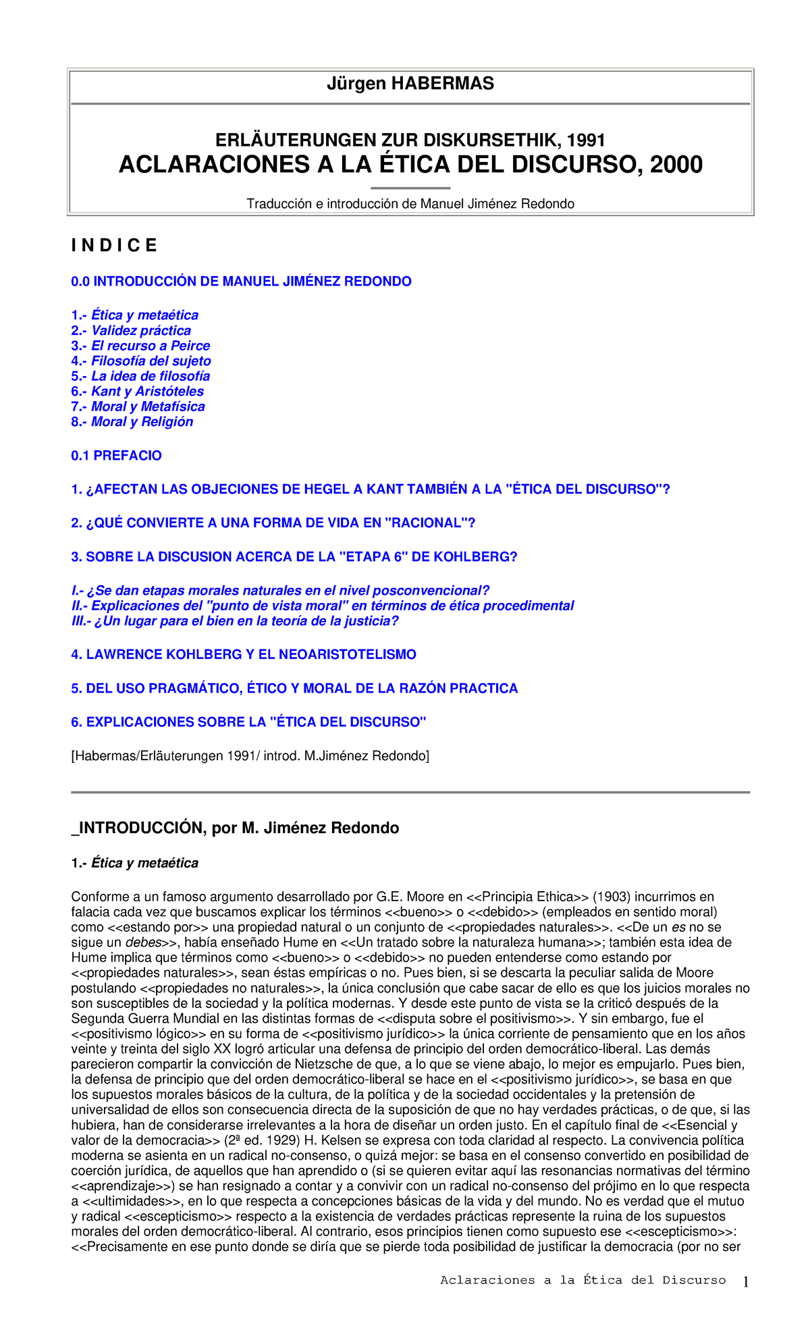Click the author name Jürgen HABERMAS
click(x=410, y=84)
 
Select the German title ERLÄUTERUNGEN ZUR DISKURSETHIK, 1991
click(x=410, y=140)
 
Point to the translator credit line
click(x=410, y=204)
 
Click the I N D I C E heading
click(x=114, y=246)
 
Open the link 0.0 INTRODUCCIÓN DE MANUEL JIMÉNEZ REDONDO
click(x=241, y=282)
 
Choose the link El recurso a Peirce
click(x=151, y=346)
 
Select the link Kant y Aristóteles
click(x=147, y=392)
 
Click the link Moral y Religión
click(x=142, y=422)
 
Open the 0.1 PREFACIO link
click(x=116, y=456)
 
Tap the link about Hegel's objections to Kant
click(x=371, y=489)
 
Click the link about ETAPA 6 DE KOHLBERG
click(x=294, y=557)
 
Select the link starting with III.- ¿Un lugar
click(x=235, y=621)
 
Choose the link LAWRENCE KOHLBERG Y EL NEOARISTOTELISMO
click(x=244, y=655)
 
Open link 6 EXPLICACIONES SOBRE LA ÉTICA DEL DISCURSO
click(x=248, y=722)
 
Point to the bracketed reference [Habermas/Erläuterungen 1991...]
click(x=250, y=756)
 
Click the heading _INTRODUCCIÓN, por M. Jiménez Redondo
click(x=235, y=828)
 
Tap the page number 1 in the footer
click(x=746, y=1281)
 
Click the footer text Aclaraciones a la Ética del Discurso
click(x=583, y=1281)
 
